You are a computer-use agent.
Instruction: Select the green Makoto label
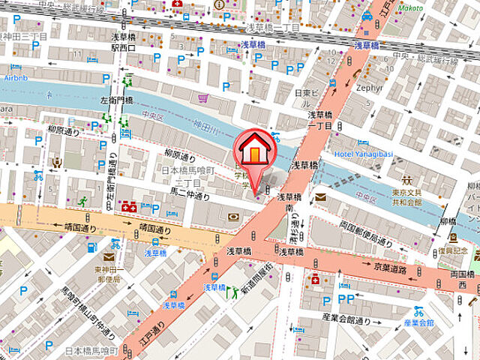409,8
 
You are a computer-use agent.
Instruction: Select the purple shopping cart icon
202,98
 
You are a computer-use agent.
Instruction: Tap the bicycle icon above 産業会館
418,310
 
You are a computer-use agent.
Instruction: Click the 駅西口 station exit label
123,47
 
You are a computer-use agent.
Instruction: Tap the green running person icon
82,200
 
